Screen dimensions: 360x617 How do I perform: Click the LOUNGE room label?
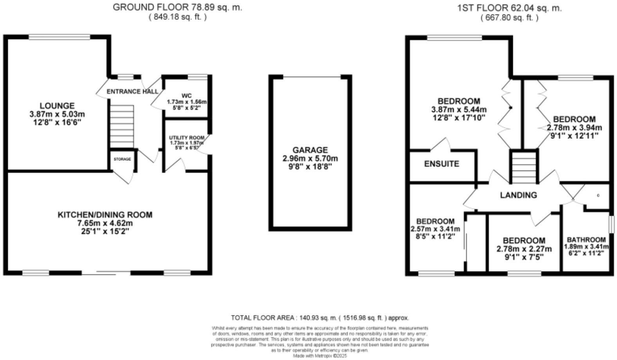click(x=57, y=106)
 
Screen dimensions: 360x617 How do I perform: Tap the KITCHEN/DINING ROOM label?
click(x=105, y=214)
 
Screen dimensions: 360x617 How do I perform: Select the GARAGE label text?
click(x=310, y=150)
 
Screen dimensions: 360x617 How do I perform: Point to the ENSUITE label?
click(x=442, y=164)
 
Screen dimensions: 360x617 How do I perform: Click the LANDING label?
click(x=518, y=194)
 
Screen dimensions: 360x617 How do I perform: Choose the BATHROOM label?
click(x=586, y=239)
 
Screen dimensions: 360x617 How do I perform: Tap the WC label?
click(x=186, y=95)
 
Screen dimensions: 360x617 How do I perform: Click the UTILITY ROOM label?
click(x=187, y=138)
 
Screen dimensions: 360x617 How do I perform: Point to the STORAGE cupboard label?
click(x=123, y=159)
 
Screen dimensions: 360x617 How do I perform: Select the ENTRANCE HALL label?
click(x=132, y=92)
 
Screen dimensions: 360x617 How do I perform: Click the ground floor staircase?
click(x=122, y=126)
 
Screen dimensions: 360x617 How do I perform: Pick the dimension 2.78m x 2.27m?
click(x=524, y=249)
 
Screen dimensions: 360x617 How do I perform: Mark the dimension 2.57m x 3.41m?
click(x=435, y=229)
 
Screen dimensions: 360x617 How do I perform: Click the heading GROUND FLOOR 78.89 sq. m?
click(x=177, y=7)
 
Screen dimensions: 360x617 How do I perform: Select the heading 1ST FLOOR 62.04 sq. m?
click(x=509, y=8)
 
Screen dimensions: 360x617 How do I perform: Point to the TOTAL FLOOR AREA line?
click(x=319, y=318)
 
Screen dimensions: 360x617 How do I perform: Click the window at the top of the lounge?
click(x=60, y=37)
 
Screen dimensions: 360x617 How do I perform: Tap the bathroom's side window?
click(x=611, y=225)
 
